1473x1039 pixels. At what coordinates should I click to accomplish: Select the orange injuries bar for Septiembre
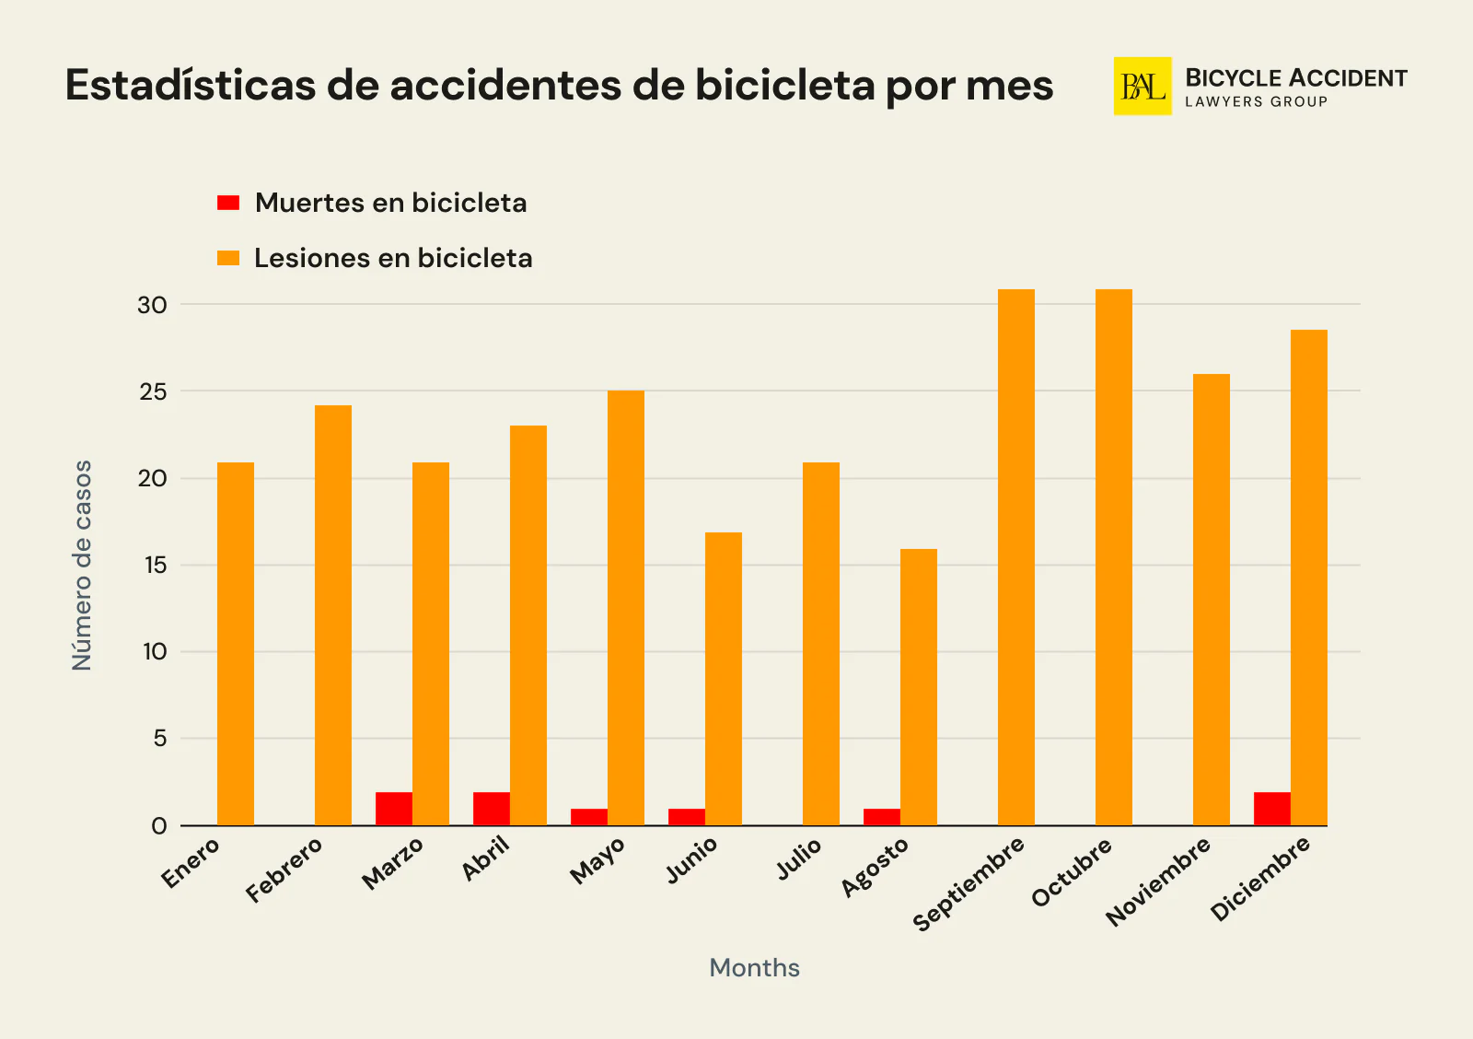[x=1015, y=557]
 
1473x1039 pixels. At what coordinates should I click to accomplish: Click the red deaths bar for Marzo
[x=394, y=809]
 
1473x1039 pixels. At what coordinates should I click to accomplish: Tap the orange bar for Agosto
[x=918, y=687]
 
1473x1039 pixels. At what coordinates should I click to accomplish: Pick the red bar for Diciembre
[x=1271, y=809]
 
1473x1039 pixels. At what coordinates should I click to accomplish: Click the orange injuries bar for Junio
[x=723, y=679]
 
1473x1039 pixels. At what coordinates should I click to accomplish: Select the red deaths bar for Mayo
[x=589, y=817]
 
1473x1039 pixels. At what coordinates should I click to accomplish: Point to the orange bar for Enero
[x=236, y=644]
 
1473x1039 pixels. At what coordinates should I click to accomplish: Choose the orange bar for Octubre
[x=1113, y=557]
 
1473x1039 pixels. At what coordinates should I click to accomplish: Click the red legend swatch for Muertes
[x=228, y=203]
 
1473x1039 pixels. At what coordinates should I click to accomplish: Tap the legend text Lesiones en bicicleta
[x=393, y=258]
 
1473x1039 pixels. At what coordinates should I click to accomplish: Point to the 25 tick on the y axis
[x=153, y=391]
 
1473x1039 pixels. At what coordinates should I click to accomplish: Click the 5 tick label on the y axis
[x=160, y=739]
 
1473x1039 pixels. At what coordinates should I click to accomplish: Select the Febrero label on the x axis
[x=284, y=870]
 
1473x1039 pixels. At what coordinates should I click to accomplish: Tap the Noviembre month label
[x=1158, y=881]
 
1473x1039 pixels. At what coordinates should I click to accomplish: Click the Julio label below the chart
[x=798, y=858]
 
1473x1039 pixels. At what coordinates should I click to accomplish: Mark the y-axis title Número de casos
[x=83, y=566]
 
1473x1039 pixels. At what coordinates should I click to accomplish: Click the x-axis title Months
[x=754, y=967]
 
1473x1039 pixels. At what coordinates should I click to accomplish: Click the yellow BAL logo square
[x=1142, y=87]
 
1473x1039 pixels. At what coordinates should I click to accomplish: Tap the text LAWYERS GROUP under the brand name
[x=1256, y=102]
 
